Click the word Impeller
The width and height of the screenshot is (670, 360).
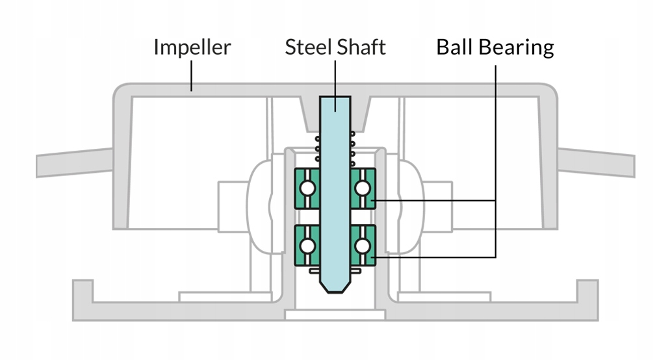(x=192, y=47)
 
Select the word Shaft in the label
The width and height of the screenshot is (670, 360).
(x=360, y=47)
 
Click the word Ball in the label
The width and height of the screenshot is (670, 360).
(x=454, y=47)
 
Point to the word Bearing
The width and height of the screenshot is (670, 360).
(x=516, y=48)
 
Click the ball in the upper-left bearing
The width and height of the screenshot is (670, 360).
(x=307, y=188)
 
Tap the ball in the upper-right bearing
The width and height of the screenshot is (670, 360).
(x=363, y=188)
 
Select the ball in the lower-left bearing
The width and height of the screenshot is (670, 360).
(x=307, y=246)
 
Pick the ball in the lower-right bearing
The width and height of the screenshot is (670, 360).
(x=363, y=246)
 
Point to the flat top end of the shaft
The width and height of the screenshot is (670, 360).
(x=335, y=97)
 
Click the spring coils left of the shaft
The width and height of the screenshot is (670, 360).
(x=318, y=149)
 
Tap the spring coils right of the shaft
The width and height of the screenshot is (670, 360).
(x=353, y=149)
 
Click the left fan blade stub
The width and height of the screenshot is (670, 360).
(x=74, y=162)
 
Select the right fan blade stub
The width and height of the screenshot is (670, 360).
(x=596, y=162)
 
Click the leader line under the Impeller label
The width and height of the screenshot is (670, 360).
(x=192, y=76)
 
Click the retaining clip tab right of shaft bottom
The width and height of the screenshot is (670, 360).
(x=356, y=271)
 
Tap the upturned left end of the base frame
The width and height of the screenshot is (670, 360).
(x=83, y=291)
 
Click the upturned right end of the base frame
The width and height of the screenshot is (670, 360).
(x=587, y=291)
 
